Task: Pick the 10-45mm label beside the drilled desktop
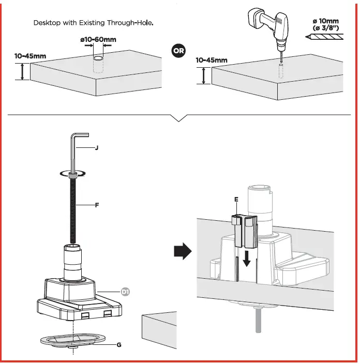[212, 60]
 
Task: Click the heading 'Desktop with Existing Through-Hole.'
[94, 23]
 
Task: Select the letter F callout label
[96, 205]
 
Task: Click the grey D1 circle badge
[126, 292]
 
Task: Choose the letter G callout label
[119, 345]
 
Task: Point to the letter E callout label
[236, 199]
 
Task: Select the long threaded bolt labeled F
[73, 212]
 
